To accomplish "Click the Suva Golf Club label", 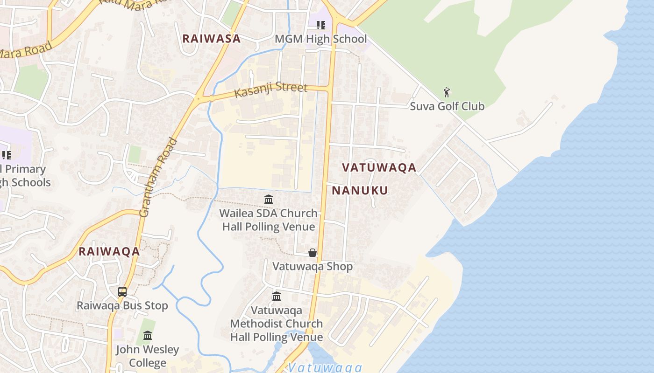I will (447, 106).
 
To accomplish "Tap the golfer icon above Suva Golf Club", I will (447, 92).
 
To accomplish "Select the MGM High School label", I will (320, 39).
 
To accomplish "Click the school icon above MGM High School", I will (320, 25).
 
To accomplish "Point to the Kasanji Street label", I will (270, 90).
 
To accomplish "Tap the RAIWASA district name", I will (211, 39).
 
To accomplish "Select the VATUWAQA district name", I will (379, 168).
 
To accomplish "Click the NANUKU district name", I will (360, 190).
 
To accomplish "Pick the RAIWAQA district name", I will (109, 252).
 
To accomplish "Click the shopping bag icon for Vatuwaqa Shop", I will (312, 253).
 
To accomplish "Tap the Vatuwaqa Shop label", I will (312, 266).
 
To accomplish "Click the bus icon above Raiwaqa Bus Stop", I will (122, 292).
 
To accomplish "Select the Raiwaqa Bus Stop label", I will (122, 306).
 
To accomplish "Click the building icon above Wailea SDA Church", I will (269, 200).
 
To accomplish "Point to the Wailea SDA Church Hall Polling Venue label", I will (269, 220).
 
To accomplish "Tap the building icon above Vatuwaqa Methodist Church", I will (277, 297).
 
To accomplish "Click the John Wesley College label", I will (148, 356).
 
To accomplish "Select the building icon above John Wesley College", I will (148, 336).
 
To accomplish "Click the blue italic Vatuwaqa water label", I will (325, 367).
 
